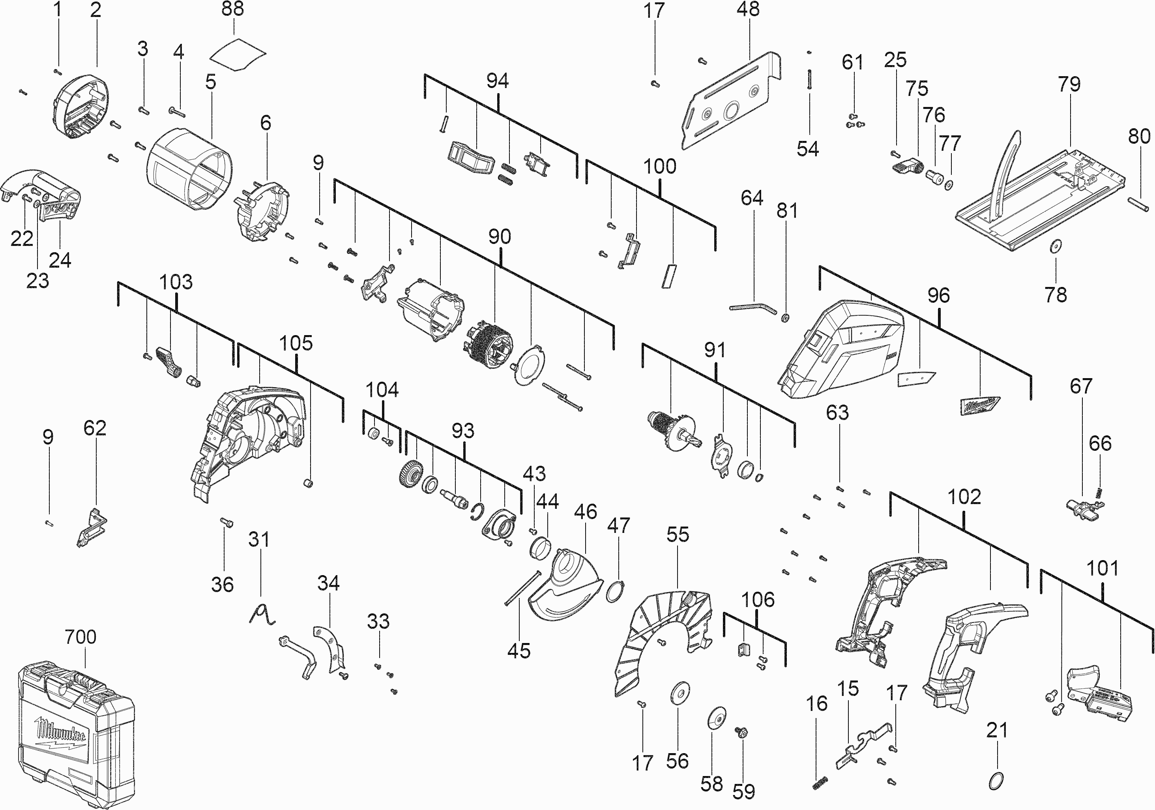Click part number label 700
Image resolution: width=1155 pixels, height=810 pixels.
point(80,637)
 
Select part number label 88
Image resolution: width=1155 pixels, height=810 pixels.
point(232,9)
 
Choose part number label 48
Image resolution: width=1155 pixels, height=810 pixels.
point(748,9)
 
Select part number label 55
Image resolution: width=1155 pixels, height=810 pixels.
point(678,534)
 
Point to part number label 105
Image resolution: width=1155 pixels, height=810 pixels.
point(296,343)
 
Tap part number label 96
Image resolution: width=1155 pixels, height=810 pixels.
point(938,295)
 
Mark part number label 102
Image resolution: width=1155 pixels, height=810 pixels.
point(964,497)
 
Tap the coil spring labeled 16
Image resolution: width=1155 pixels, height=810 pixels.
point(820,783)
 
